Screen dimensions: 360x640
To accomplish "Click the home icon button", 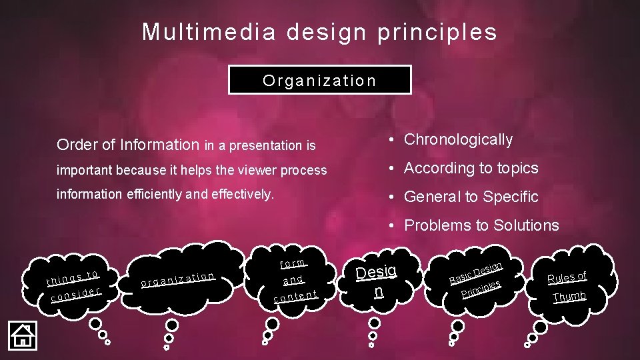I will (x=22, y=335).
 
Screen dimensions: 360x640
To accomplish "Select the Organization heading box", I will (x=319, y=81).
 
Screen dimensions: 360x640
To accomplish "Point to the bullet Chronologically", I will (x=459, y=139).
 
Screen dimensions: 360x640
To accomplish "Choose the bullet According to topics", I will (x=471, y=168).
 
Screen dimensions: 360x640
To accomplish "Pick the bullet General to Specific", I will (x=471, y=197).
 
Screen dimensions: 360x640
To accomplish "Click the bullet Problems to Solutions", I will (x=481, y=225).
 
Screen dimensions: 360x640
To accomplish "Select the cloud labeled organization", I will (x=177, y=279).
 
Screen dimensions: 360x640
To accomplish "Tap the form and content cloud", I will (x=294, y=279).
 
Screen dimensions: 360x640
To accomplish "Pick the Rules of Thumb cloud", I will (x=567, y=285).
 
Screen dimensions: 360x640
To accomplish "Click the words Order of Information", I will (x=128, y=145).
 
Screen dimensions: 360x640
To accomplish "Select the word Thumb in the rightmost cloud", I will (x=569, y=297).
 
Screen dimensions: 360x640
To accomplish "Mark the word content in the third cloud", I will (x=295, y=295).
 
